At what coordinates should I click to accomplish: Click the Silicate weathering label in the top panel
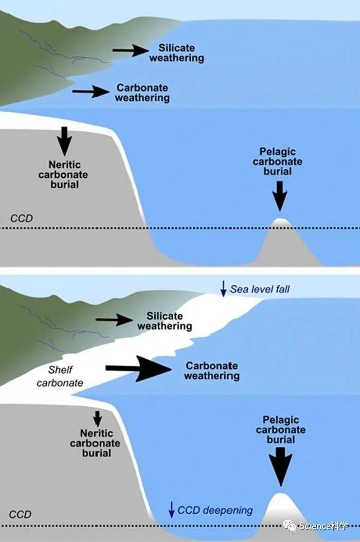coord(176,53)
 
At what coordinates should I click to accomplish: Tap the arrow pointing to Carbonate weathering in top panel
coord(91,92)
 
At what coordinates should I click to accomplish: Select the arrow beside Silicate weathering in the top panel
coord(130,50)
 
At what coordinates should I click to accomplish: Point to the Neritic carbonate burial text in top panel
coord(64,174)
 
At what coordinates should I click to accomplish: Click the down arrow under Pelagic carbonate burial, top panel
coord(280,194)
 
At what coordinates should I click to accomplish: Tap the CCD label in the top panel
coord(21,219)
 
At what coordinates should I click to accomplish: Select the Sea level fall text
coord(260,289)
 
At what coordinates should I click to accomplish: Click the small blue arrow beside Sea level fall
coord(223,289)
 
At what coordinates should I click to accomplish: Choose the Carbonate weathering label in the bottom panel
coord(212,371)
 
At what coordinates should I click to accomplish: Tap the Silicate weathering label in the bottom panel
coord(165,321)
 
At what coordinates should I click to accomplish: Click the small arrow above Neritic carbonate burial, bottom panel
coord(97,418)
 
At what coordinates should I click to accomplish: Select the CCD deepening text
coord(215,511)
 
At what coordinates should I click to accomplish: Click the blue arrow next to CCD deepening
coord(172,510)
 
